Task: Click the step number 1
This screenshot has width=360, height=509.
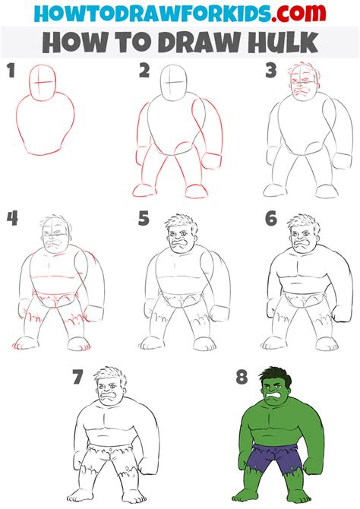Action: click(x=11, y=73)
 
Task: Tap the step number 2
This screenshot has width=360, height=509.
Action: click(x=144, y=72)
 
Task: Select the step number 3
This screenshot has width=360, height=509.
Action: click(x=270, y=72)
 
